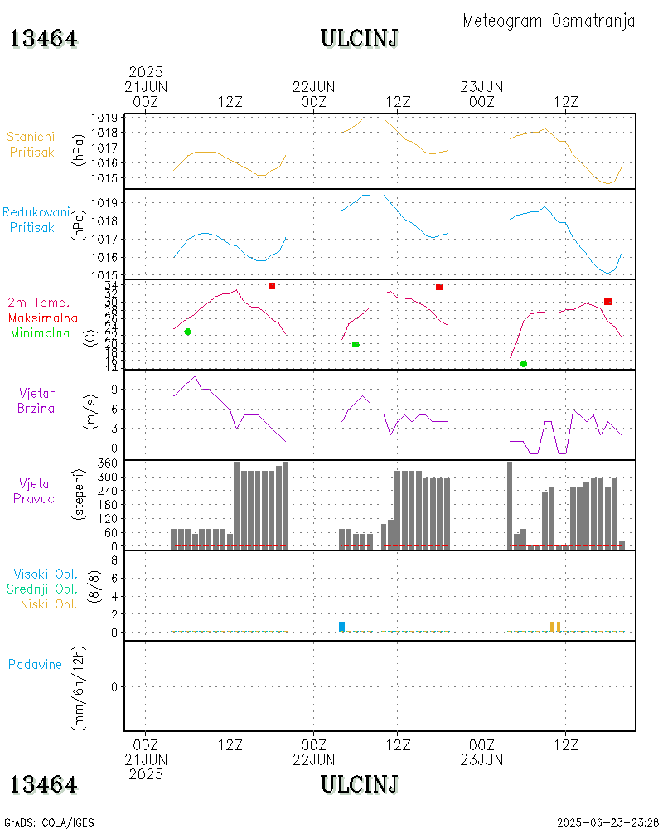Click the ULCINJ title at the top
pyautogui.click(x=360, y=38)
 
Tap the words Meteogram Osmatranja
pyautogui.click(x=549, y=21)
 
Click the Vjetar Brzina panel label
pyautogui.click(x=37, y=400)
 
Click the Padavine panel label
pyautogui.click(x=36, y=664)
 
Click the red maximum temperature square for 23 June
pyautogui.click(x=607, y=301)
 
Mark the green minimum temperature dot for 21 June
pyautogui.click(x=187, y=332)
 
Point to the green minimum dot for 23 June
pyautogui.click(x=524, y=364)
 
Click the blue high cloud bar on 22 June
pyautogui.click(x=341, y=626)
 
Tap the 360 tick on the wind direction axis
pyautogui.click(x=107, y=463)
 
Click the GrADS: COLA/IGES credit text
pyautogui.click(x=49, y=822)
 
